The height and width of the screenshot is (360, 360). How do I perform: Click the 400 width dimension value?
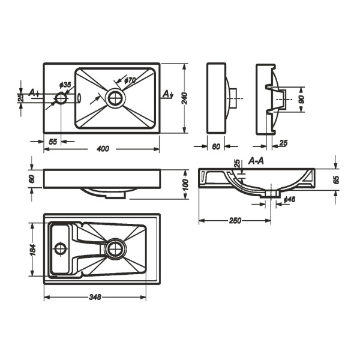(103, 149)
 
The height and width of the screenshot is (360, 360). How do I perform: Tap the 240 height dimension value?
(185, 98)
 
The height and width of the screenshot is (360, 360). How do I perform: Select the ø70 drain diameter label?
(130, 80)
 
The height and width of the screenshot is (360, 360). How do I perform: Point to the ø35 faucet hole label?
(65, 85)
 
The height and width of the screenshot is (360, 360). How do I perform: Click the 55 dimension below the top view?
(53, 142)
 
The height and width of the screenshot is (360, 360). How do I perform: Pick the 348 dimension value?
(95, 297)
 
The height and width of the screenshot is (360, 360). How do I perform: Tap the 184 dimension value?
(32, 250)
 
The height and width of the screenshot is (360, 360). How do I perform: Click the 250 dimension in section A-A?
(235, 221)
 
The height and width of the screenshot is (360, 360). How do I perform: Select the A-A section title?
(256, 161)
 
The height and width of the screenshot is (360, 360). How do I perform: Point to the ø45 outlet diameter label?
(289, 200)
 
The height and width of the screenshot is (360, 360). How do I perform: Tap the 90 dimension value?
(302, 100)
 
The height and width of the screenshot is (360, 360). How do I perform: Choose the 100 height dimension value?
(185, 185)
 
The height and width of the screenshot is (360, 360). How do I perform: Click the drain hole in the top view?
(115, 98)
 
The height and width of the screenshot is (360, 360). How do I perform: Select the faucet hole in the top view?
(61, 98)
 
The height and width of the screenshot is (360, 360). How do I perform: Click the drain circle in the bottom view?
(115, 249)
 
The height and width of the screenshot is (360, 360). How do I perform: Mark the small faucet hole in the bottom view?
(61, 248)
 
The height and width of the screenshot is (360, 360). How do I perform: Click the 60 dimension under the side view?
(216, 146)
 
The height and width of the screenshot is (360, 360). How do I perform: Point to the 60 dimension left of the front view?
(32, 179)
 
